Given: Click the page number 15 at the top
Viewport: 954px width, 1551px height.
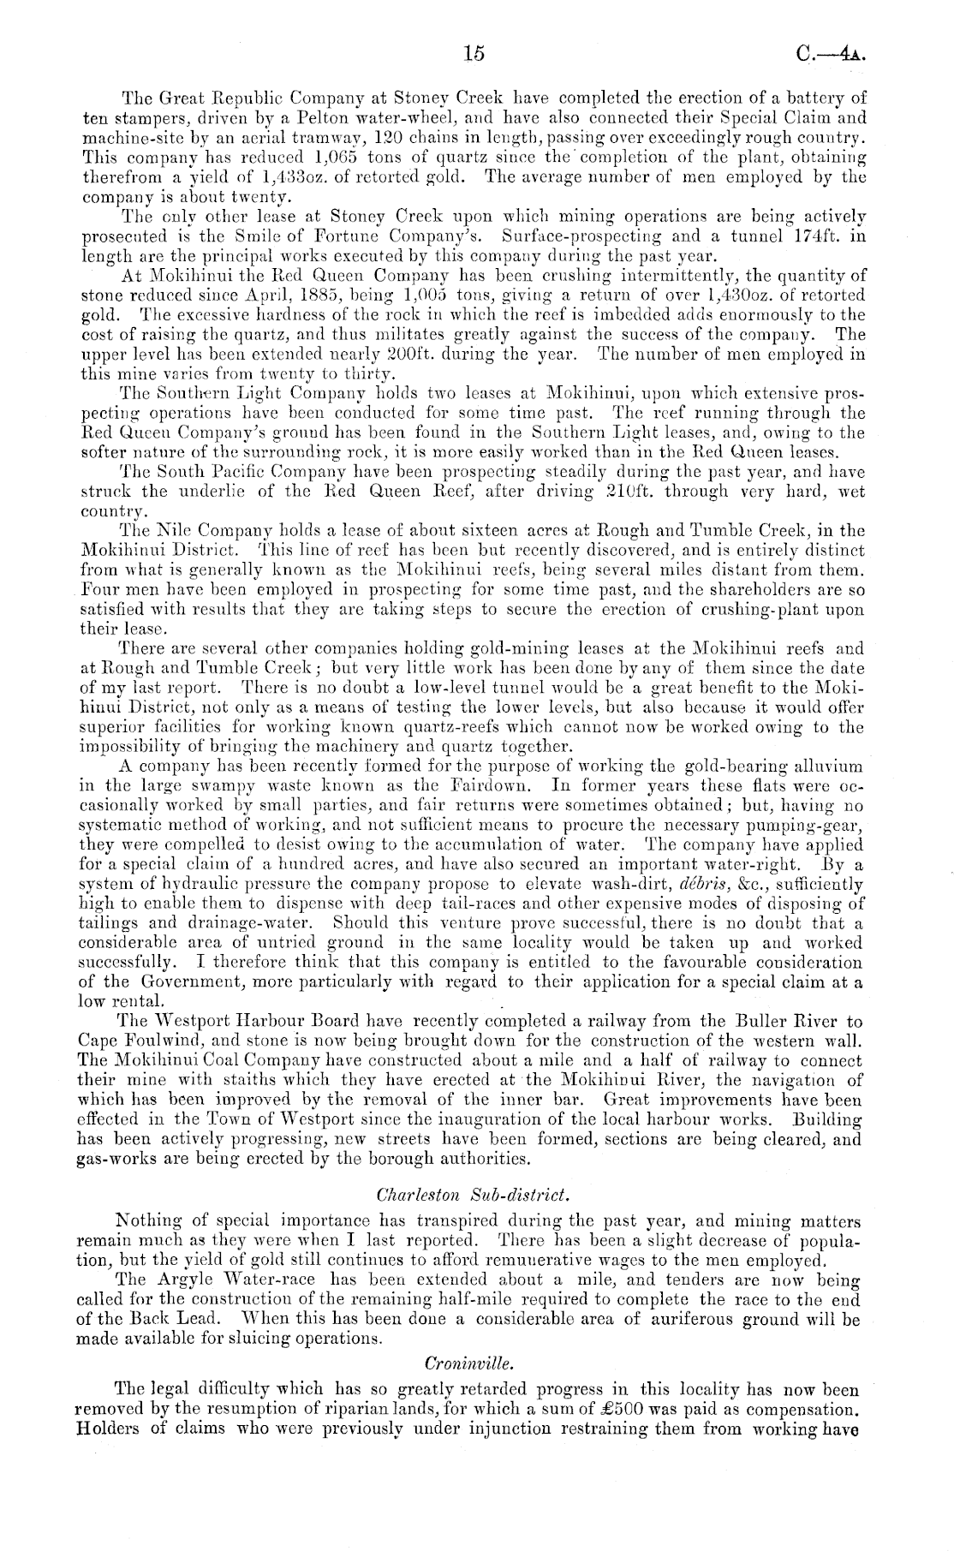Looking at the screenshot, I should [474, 53].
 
